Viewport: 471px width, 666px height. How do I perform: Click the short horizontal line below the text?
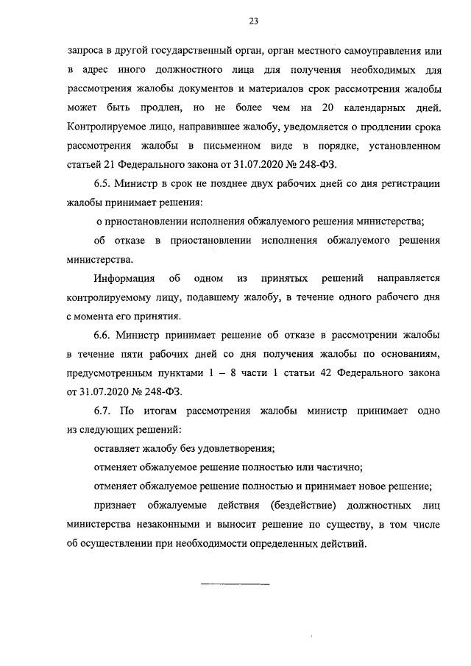235,584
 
